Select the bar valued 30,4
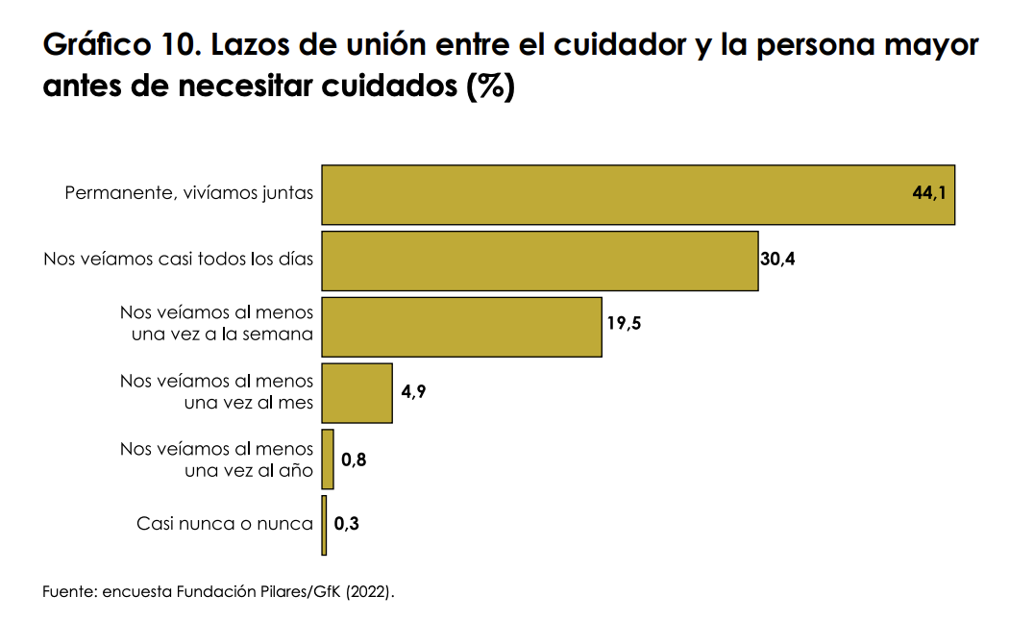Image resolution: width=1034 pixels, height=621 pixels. [539, 261]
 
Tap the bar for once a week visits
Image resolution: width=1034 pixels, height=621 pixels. [461, 327]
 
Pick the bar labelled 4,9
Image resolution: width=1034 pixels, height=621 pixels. [357, 393]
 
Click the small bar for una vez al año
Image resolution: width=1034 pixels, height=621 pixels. [328, 460]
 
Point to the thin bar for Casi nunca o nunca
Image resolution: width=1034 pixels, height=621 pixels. [324, 525]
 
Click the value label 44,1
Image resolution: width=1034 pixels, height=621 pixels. [929, 193]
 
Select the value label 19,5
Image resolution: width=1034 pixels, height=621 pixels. [624, 323]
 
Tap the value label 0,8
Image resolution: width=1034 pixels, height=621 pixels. [354, 460]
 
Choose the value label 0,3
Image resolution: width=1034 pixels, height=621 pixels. [346, 525]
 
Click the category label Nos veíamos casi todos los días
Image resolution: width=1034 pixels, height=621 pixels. [179, 259]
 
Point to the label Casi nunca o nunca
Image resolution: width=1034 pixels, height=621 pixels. [225, 524]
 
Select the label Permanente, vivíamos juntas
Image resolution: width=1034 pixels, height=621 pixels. [188, 193]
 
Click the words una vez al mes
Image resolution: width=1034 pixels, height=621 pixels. [249, 403]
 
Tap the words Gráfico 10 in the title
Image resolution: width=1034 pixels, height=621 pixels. [115, 45]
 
